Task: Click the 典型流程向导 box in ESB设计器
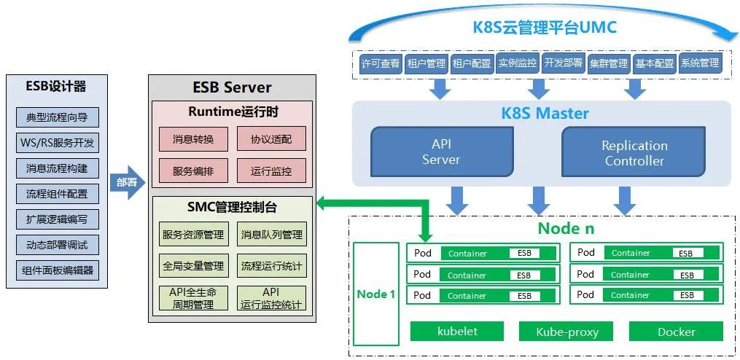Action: pos(57,117)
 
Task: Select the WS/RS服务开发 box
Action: pos(57,143)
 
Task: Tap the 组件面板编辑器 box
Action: pos(57,270)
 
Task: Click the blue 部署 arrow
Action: pos(126,182)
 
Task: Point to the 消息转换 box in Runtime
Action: pos(193,139)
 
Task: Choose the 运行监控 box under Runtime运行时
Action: pos(271,171)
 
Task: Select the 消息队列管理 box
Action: pos(271,235)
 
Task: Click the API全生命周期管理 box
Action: pos(193,298)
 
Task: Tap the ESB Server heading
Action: pos(232,87)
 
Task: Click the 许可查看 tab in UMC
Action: pos(381,63)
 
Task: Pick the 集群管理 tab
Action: pos(609,63)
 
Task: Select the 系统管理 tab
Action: pos(700,63)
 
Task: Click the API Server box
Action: pos(442,152)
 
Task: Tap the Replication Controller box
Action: pos(634,152)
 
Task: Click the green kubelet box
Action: pos(457,332)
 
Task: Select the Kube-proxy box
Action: pos(566,332)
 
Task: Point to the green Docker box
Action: pos(676,332)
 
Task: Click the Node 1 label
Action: pos(376,294)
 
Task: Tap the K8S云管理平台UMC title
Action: pos(545,28)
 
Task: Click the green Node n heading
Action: pos(566,228)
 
